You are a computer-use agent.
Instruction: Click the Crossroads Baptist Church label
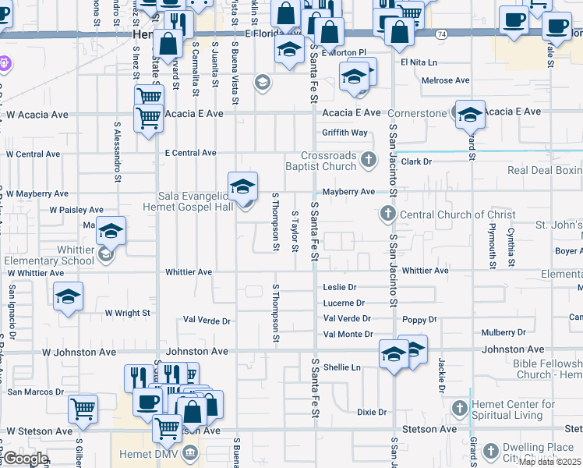[330, 161]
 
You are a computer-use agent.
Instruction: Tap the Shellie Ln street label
[342, 367]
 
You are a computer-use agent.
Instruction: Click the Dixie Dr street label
[372, 412]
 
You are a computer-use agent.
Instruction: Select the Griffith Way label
[344, 133]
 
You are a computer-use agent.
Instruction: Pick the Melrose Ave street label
[445, 80]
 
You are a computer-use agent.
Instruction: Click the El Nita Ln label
[419, 62]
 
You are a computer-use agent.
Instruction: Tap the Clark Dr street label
[416, 161]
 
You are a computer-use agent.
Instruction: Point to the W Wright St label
[127, 313]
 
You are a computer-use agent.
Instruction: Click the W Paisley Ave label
[76, 210]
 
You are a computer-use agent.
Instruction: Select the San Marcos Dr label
[35, 392]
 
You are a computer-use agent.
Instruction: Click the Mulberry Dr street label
[503, 332]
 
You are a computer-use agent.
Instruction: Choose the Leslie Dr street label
[339, 288]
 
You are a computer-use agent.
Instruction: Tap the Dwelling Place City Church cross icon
[490, 450]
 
